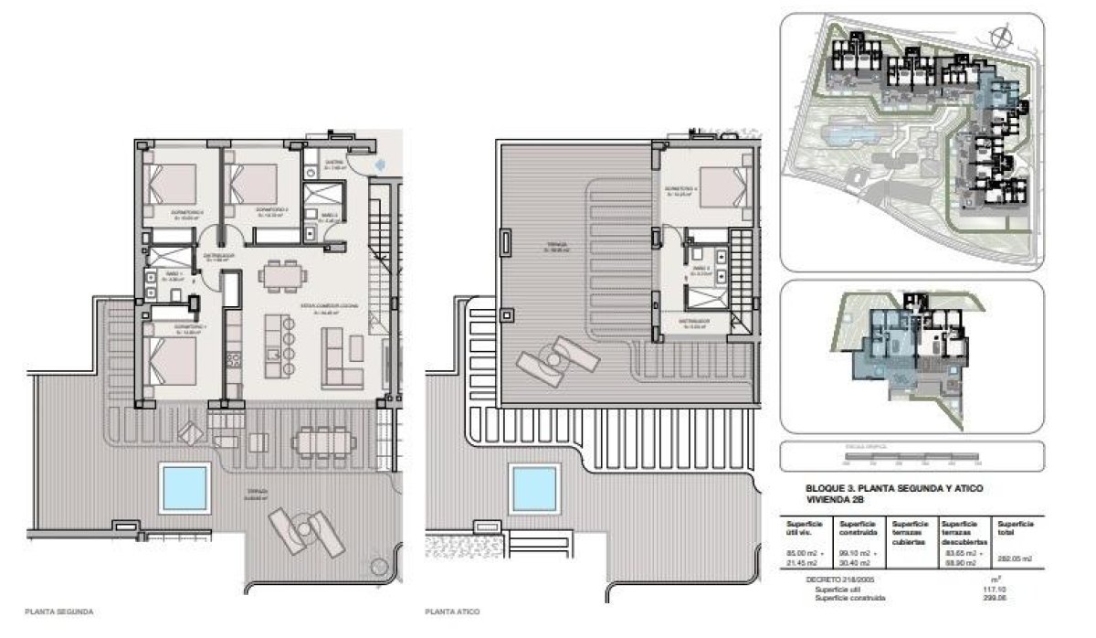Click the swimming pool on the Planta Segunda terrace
185,487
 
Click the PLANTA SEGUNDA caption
59,611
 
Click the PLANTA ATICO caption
453,611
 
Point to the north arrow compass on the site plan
1003,37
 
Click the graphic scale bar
911,456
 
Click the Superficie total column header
1016,528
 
